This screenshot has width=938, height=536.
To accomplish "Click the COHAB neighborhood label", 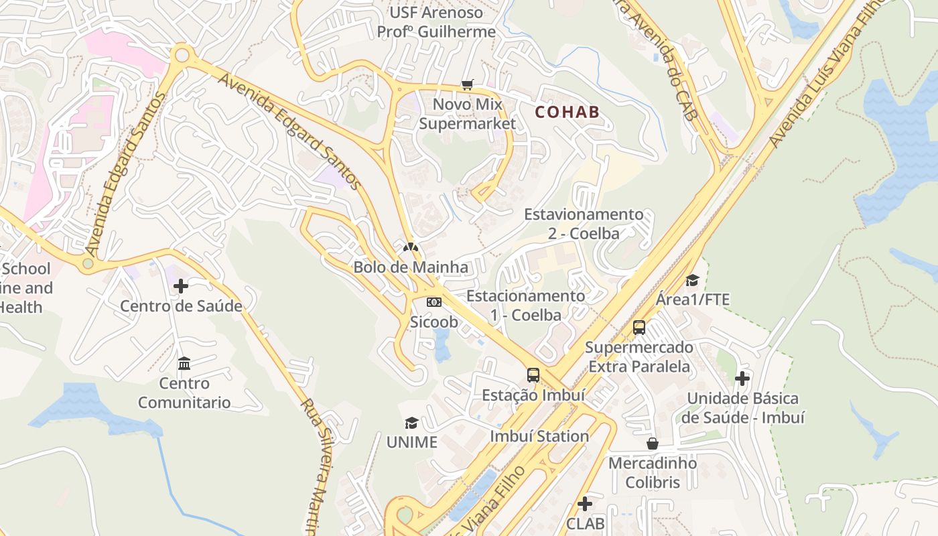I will point(567,112).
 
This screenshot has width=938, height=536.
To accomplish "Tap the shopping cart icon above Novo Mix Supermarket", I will point(467,84).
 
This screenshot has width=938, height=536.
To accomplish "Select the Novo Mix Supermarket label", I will point(467,114).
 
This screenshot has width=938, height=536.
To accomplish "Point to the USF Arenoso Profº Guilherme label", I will point(436,22).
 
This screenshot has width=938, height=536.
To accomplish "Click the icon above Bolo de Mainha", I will point(411,247).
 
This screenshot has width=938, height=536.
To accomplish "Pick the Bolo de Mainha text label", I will point(411,267).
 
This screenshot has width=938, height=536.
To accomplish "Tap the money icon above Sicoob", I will point(434,302).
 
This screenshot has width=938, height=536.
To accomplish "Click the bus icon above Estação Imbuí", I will point(533,375).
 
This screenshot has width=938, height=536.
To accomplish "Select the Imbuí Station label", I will point(539,436).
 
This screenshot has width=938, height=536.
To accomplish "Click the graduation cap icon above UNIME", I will point(411,423).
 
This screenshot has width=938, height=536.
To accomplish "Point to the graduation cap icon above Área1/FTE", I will point(692,280).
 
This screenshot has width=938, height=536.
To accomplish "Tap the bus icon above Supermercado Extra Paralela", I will point(639,328).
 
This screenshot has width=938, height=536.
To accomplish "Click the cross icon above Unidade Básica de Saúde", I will point(742,379).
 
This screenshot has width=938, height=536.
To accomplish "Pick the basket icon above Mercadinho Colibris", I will point(653,444).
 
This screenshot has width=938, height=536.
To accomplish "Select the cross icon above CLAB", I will point(585,503).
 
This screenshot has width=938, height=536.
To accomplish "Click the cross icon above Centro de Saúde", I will point(181,287).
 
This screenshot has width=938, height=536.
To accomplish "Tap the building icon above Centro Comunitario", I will point(184,364).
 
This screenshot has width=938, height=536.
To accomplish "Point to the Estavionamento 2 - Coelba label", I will point(584,224).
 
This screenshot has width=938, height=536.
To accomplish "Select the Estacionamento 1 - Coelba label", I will point(525,305).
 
